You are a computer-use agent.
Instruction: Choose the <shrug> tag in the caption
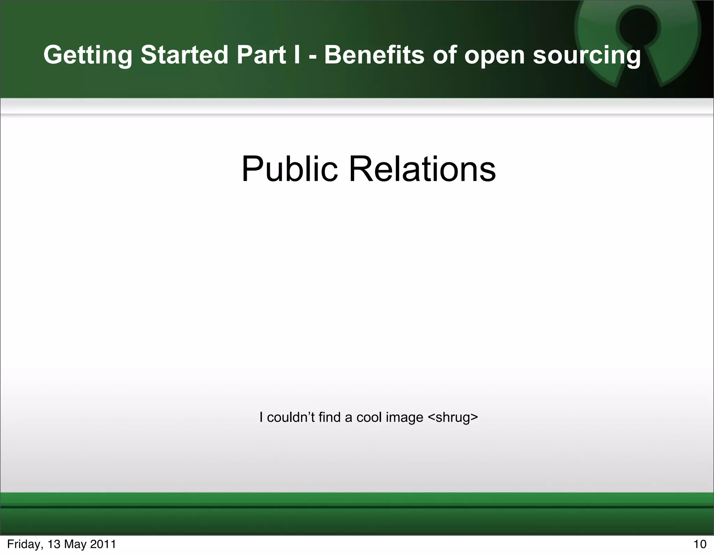[x=453, y=417]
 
